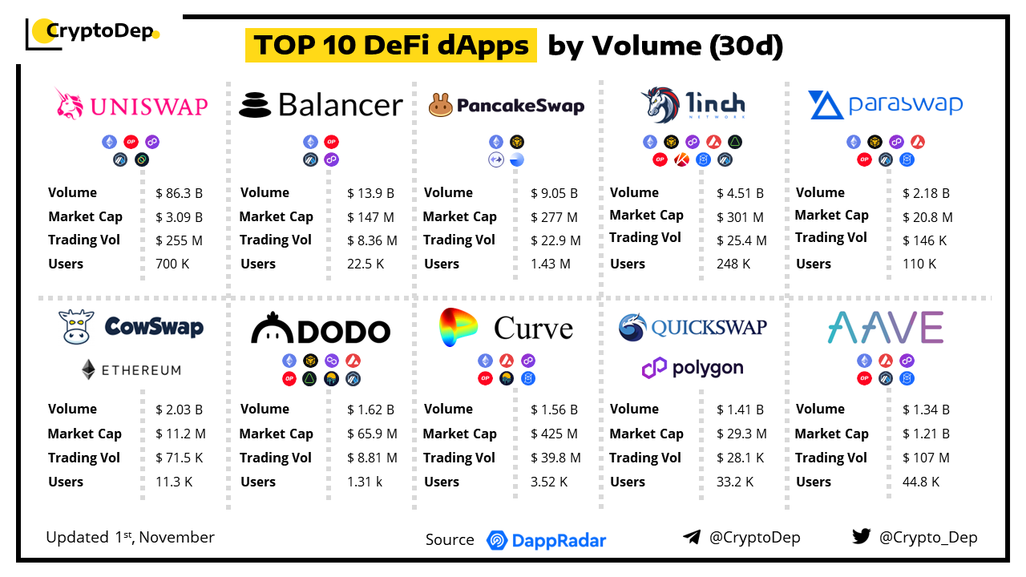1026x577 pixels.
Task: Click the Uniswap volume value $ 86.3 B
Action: click(179, 193)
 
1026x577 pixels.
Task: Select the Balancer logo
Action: click(321, 105)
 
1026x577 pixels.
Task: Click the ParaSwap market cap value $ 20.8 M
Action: click(927, 217)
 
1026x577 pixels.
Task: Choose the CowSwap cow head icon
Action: click(76, 327)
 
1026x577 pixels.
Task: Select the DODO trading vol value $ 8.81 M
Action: click(372, 458)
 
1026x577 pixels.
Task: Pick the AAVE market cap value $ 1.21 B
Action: click(926, 434)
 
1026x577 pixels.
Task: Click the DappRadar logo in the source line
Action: click(546, 540)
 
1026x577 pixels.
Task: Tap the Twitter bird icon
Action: click(861, 537)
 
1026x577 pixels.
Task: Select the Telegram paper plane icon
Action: click(692, 537)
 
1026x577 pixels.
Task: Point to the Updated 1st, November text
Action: click(130, 537)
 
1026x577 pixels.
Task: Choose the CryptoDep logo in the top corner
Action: click(92, 32)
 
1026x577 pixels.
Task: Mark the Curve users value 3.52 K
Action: click(549, 482)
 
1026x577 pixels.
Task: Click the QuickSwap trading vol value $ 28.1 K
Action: click(740, 458)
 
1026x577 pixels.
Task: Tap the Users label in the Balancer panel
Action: click(258, 264)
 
